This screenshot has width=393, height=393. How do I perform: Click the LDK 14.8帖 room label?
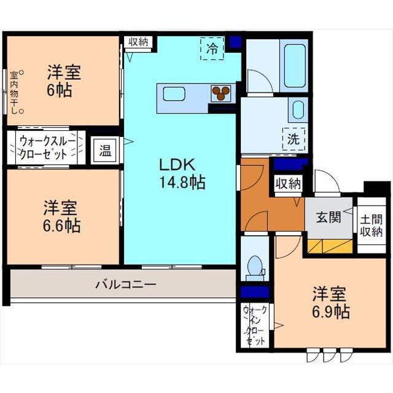182,173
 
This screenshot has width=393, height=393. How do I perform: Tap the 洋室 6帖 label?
64,80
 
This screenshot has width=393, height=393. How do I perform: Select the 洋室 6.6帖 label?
61,216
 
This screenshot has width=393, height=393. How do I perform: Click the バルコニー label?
126,284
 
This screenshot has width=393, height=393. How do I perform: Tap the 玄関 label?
329,217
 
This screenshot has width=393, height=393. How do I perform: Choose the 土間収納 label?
371,225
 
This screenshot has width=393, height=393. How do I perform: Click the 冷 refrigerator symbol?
212,49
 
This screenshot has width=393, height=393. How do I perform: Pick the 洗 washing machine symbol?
294,139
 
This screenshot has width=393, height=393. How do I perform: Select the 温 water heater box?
105,150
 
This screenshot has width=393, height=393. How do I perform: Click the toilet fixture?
255,268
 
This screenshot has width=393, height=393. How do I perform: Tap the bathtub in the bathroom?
294,66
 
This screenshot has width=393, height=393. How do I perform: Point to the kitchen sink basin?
174,94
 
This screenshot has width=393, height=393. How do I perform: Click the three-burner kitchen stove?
220,93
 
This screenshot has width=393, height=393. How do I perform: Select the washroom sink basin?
298,111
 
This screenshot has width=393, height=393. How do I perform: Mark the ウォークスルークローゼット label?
47,147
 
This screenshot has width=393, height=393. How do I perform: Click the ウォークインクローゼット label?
254,325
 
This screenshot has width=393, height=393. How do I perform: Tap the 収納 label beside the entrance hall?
288,184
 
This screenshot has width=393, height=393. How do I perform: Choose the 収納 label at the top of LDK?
138,42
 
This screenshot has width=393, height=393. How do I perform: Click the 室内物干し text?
15,93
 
